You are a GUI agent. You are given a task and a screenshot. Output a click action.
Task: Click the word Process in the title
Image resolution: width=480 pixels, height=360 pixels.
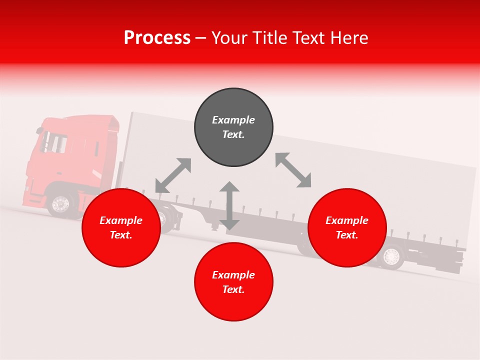pyautogui.click(x=157, y=37)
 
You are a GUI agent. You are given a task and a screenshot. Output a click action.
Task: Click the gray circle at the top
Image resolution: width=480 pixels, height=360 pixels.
pyautogui.click(x=233, y=127)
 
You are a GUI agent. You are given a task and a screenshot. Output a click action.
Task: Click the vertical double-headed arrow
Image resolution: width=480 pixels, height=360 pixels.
pyautogui.click(x=229, y=205)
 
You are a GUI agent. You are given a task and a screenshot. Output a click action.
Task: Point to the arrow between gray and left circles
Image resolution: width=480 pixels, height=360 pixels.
pyautogui.click(x=173, y=175)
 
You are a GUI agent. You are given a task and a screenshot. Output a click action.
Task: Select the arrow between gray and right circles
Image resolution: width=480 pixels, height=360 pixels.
pyautogui.click(x=293, y=170)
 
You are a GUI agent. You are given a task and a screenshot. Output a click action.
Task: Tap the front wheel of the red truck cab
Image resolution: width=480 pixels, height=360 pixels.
pyautogui.click(x=60, y=204)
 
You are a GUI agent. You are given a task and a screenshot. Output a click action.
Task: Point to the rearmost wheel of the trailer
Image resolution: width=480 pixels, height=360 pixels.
pyautogui.click(x=391, y=257)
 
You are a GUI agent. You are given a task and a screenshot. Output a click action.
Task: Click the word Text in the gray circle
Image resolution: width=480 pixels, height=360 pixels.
pyautogui.click(x=233, y=134)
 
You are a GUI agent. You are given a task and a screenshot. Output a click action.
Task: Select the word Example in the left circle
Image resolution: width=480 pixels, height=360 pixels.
pyautogui.click(x=121, y=220)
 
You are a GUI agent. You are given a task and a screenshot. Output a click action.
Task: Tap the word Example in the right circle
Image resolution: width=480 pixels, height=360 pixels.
pyautogui.click(x=347, y=220)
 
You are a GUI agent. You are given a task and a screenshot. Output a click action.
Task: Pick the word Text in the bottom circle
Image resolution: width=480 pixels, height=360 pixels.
pyautogui.click(x=233, y=289)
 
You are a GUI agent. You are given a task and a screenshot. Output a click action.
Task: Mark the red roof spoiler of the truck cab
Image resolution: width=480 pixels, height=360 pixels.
pyautogui.click(x=108, y=123)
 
